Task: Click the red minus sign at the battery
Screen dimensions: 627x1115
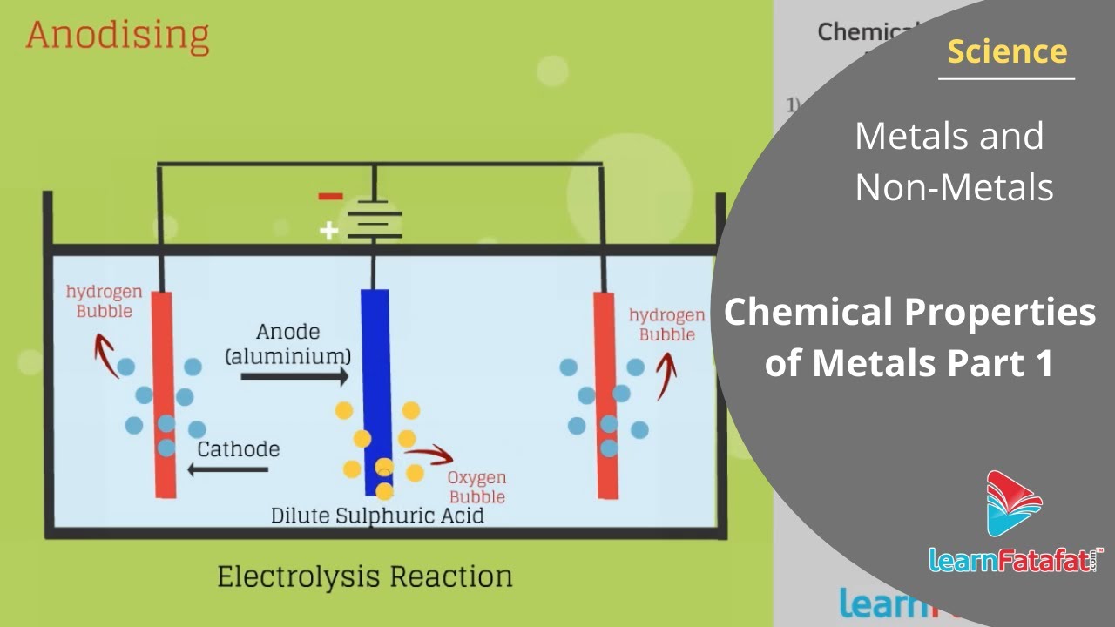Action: coord(330,196)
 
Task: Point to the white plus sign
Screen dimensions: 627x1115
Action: coord(328,231)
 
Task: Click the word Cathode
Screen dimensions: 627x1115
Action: coord(238,449)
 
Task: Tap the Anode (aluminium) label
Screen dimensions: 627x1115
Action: coord(288,344)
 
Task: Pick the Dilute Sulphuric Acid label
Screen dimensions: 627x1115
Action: coord(377,515)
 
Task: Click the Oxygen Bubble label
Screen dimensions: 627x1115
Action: coord(476,488)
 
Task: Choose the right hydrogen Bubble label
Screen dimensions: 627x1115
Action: coord(667,325)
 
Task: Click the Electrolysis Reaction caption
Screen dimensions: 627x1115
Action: coord(364,576)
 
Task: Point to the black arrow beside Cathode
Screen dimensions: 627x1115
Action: coord(228,470)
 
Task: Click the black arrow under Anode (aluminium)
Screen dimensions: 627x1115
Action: coord(294,376)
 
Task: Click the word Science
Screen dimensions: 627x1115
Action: coord(1007,51)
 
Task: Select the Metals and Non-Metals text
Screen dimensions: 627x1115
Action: coord(953,161)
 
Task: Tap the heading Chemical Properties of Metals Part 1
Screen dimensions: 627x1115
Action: coord(909,336)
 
